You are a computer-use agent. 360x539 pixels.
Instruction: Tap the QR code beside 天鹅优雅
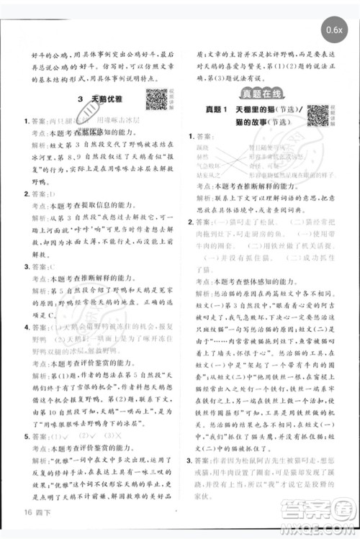pyautogui.click(x=156, y=99)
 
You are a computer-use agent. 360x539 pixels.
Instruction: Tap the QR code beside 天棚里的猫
pyautogui.click(x=318, y=114)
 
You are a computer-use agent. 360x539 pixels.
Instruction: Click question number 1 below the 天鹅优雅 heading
pyautogui.click(x=25, y=122)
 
